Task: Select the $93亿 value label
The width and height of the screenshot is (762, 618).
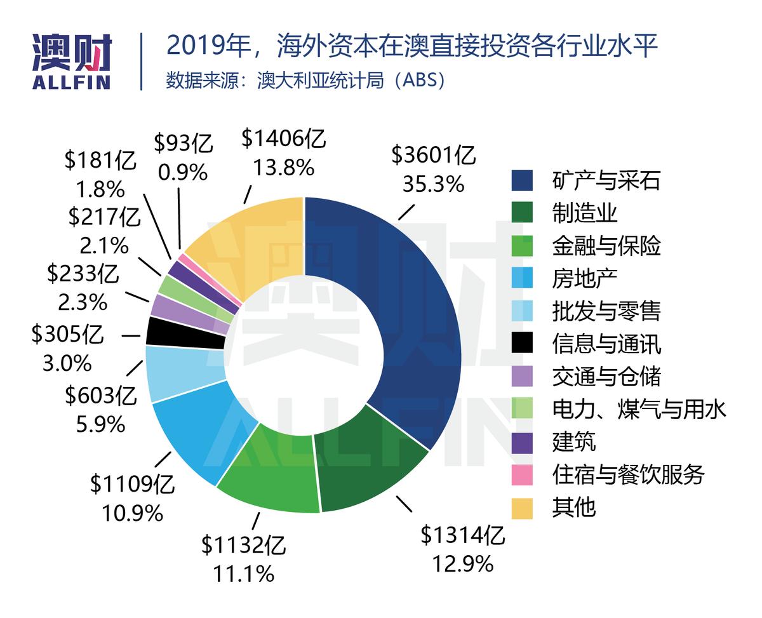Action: (184, 144)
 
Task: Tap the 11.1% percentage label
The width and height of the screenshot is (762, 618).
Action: (244, 574)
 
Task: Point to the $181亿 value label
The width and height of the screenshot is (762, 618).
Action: (100, 161)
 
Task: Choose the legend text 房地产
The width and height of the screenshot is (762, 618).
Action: (584, 278)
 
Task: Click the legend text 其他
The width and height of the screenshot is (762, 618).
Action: (574, 507)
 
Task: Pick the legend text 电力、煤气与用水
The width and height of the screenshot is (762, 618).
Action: (639, 409)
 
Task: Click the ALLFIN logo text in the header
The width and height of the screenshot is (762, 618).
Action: (71, 83)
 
